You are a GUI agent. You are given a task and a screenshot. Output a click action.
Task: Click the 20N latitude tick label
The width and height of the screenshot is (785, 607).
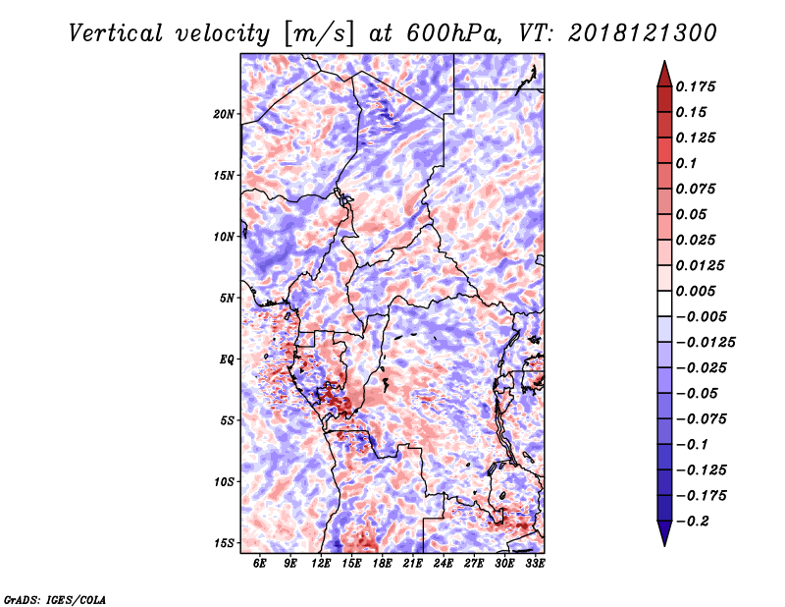click(224, 114)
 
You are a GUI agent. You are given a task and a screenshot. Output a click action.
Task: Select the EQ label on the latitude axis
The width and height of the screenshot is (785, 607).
click(227, 359)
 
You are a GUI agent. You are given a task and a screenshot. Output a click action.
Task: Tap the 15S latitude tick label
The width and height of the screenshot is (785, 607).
click(224, 543)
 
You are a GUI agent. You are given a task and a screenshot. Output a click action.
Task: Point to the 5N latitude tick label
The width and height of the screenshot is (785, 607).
click(227, 299)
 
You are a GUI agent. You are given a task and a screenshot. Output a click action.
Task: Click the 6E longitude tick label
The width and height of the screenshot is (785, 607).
click(259, 563)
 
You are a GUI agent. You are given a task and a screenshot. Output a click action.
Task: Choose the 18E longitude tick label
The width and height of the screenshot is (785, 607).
click(382, 563)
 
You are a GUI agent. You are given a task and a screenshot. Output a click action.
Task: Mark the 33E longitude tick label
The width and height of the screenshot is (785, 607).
click(535, 563)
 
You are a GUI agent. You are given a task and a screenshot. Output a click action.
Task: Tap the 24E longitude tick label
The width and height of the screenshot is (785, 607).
click(444, 563)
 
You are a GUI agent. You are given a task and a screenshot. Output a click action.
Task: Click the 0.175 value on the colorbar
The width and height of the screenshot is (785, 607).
click(696, 86)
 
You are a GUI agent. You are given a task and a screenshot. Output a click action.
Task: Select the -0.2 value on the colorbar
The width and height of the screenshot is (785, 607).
click(693, 522)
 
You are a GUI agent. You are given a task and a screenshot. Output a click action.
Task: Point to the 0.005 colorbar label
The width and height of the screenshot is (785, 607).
click(696, 291)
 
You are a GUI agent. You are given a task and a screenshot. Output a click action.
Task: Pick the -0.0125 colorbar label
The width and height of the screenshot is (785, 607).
click(706, 343)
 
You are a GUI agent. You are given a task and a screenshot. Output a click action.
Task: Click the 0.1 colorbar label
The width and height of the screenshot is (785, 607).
click(686, 163)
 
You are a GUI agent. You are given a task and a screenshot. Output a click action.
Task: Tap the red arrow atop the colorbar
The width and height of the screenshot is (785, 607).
click(664, 75)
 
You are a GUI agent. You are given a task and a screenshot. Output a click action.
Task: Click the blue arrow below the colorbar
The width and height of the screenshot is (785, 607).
click(664, 533)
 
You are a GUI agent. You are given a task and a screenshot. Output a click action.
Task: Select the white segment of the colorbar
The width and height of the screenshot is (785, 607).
click(664, 303)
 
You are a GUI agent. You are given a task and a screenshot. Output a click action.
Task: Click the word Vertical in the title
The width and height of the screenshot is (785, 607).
click(115, 33)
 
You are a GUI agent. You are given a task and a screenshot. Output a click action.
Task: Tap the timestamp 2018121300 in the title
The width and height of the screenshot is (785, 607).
click(643, 33)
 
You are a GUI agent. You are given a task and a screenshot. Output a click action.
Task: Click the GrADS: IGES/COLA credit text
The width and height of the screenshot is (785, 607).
click(55, 599)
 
